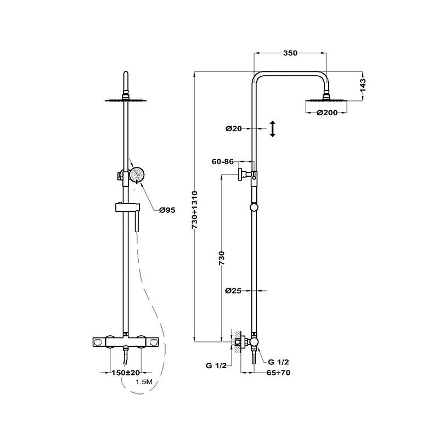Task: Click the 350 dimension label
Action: [290, 53]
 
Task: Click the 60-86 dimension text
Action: [223, 162]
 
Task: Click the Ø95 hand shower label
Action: [167, 210]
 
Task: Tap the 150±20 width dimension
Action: [127, 373]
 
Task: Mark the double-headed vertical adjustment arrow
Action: [273, 130]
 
